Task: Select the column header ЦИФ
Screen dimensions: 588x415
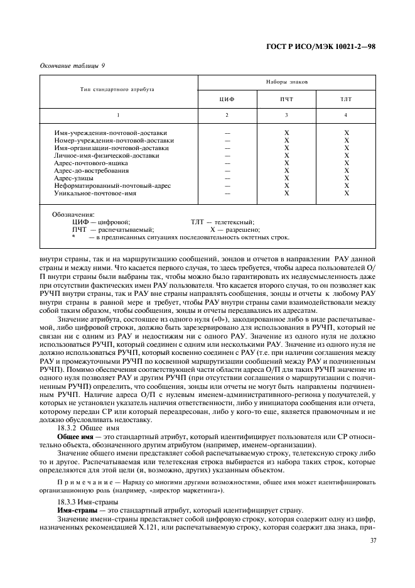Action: pyautogui.click(x=227, y=99)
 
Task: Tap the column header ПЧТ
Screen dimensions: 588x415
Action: pyautogui.click(x=286, y=99)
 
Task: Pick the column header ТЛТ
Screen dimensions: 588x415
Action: pyautogui.click(x=346, y=99)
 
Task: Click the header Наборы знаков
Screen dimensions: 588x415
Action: pyautogui.click(x=286, y=82)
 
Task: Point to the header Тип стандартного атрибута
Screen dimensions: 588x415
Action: pyautogui.click(x=117, y=90)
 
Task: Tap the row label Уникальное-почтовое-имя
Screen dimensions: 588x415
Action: pyautogui.click(x=95, y=193)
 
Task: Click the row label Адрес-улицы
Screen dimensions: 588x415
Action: pyautogui.click(x=75, y=178)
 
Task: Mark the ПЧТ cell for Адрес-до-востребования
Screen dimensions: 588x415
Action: pyautogui.click(x=286, y=171)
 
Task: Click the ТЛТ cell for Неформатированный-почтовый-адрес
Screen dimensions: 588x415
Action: pyautogui.click(x=346, y=186)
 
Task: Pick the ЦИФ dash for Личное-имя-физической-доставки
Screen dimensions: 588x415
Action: pyautogui.click(x=227, y=156)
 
